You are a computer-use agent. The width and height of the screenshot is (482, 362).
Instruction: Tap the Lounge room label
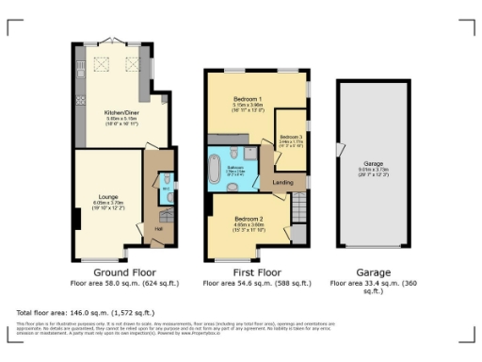(107, 196)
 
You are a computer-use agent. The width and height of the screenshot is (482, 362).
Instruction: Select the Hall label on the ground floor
(159, 228)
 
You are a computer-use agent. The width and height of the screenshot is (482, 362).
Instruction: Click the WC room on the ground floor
(166, 183)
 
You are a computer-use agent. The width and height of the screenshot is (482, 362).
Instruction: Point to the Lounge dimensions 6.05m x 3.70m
(107, 202)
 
